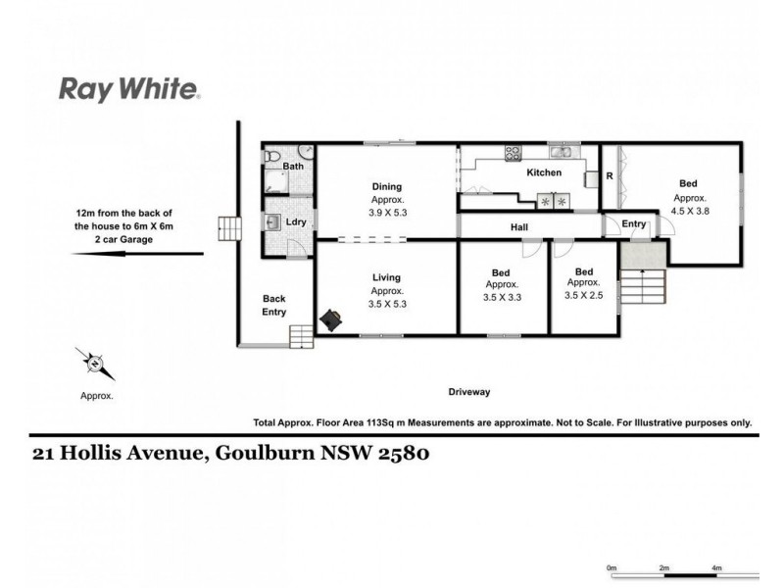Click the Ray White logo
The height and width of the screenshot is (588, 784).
[130, 91]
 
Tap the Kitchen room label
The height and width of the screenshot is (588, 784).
[544, 172]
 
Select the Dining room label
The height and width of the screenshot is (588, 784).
[386, 186]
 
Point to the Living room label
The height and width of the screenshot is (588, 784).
[386, 277]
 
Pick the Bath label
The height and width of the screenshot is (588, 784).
[293, 167]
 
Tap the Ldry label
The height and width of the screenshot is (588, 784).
[294, 221]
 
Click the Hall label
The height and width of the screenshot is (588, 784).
[519, 226]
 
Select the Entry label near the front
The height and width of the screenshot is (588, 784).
[634, 223]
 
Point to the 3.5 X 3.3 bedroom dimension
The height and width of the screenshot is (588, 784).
[501, 297]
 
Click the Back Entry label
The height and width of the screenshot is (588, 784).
[273, 306]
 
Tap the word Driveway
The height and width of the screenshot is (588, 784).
[468, 391]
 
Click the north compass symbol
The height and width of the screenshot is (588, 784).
[95, 365]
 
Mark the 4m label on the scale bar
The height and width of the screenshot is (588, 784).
[716, 567]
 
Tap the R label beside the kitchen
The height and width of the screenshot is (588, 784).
[610, 177]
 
